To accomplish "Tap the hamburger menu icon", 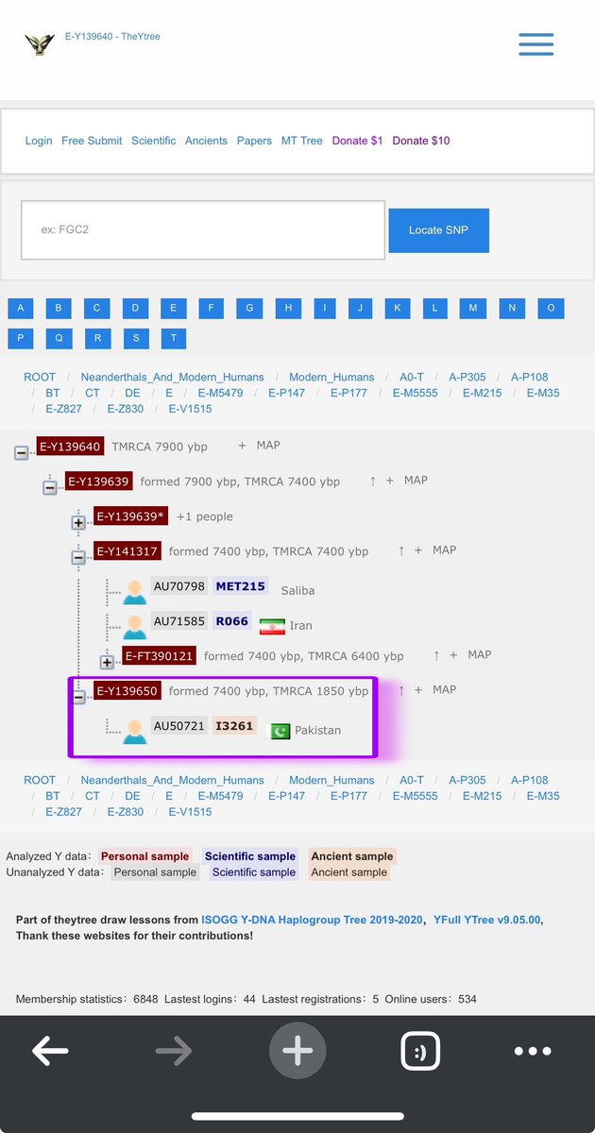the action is tap(535, 44).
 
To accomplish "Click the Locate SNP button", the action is tap(438, 230).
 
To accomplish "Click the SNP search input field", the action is tap(202, 229).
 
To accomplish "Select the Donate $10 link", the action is tap(421, 141).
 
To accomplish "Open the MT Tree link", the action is tap(302, 141).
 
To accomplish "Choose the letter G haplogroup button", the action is tap(249, 308).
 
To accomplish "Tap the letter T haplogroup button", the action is tap(174, 338).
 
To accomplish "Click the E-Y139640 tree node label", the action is tap(69, 446).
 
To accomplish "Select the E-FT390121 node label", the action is tap(160, 655).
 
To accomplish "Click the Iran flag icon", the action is tap(272, 625).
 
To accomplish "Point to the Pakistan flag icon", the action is tap(280, 731).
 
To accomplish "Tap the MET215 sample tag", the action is tap(240, 586).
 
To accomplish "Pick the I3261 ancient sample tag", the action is tap(234, 726).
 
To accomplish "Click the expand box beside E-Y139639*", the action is tap(78, 522).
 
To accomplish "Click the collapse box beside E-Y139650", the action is tap(78, 697).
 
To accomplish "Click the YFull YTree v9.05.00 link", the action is tap(487, 920).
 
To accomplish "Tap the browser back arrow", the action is tap(50, 1050).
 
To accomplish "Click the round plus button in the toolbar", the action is tap(297, 1051).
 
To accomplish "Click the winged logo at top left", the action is tap(40, 43).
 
